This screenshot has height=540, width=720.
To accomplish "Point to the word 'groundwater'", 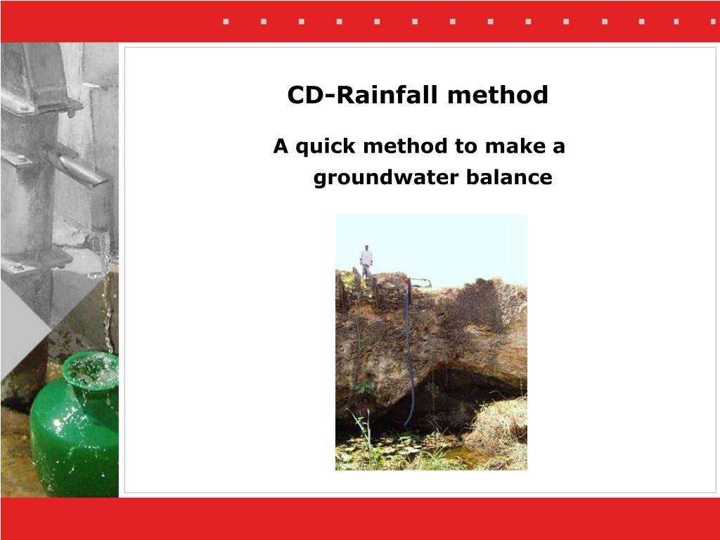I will (x=385, y=178).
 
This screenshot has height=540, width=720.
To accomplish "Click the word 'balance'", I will (x=509, y=178).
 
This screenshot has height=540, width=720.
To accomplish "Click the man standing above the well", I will (x=366, y=262).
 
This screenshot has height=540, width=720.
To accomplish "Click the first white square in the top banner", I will (x=226, y=21).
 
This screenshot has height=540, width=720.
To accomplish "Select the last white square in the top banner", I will (x=677, y=21).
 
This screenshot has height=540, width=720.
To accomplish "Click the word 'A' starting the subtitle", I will (x=281, y=147).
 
